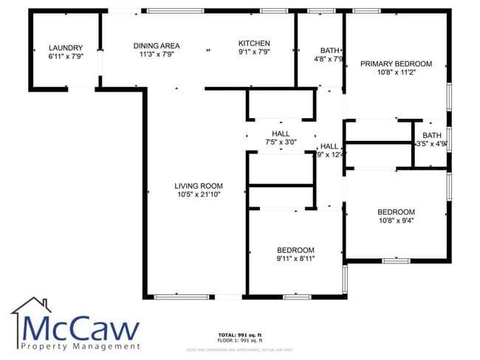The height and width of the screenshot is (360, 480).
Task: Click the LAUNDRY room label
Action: tap(65, 47)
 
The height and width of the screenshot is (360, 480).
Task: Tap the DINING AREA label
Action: tap(157, 45)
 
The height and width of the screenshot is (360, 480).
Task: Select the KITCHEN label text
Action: tap(254, 44)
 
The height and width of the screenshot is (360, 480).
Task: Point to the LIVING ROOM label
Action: tap(199, 185)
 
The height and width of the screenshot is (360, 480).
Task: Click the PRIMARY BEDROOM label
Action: tap(396, 64)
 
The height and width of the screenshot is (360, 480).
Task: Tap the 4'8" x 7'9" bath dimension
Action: tap(329, 59)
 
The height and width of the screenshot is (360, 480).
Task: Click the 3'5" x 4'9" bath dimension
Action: tap(431, 145)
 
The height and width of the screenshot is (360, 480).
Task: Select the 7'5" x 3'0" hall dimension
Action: tap(281, 142)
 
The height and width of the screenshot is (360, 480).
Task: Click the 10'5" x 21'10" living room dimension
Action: tap(199, 194)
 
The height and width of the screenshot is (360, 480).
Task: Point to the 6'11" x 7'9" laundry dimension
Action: tap(65, 56)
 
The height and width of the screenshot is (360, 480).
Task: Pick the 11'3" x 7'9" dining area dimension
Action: tap(157, 54)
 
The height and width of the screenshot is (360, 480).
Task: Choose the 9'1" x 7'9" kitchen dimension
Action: tap(254, 52)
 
